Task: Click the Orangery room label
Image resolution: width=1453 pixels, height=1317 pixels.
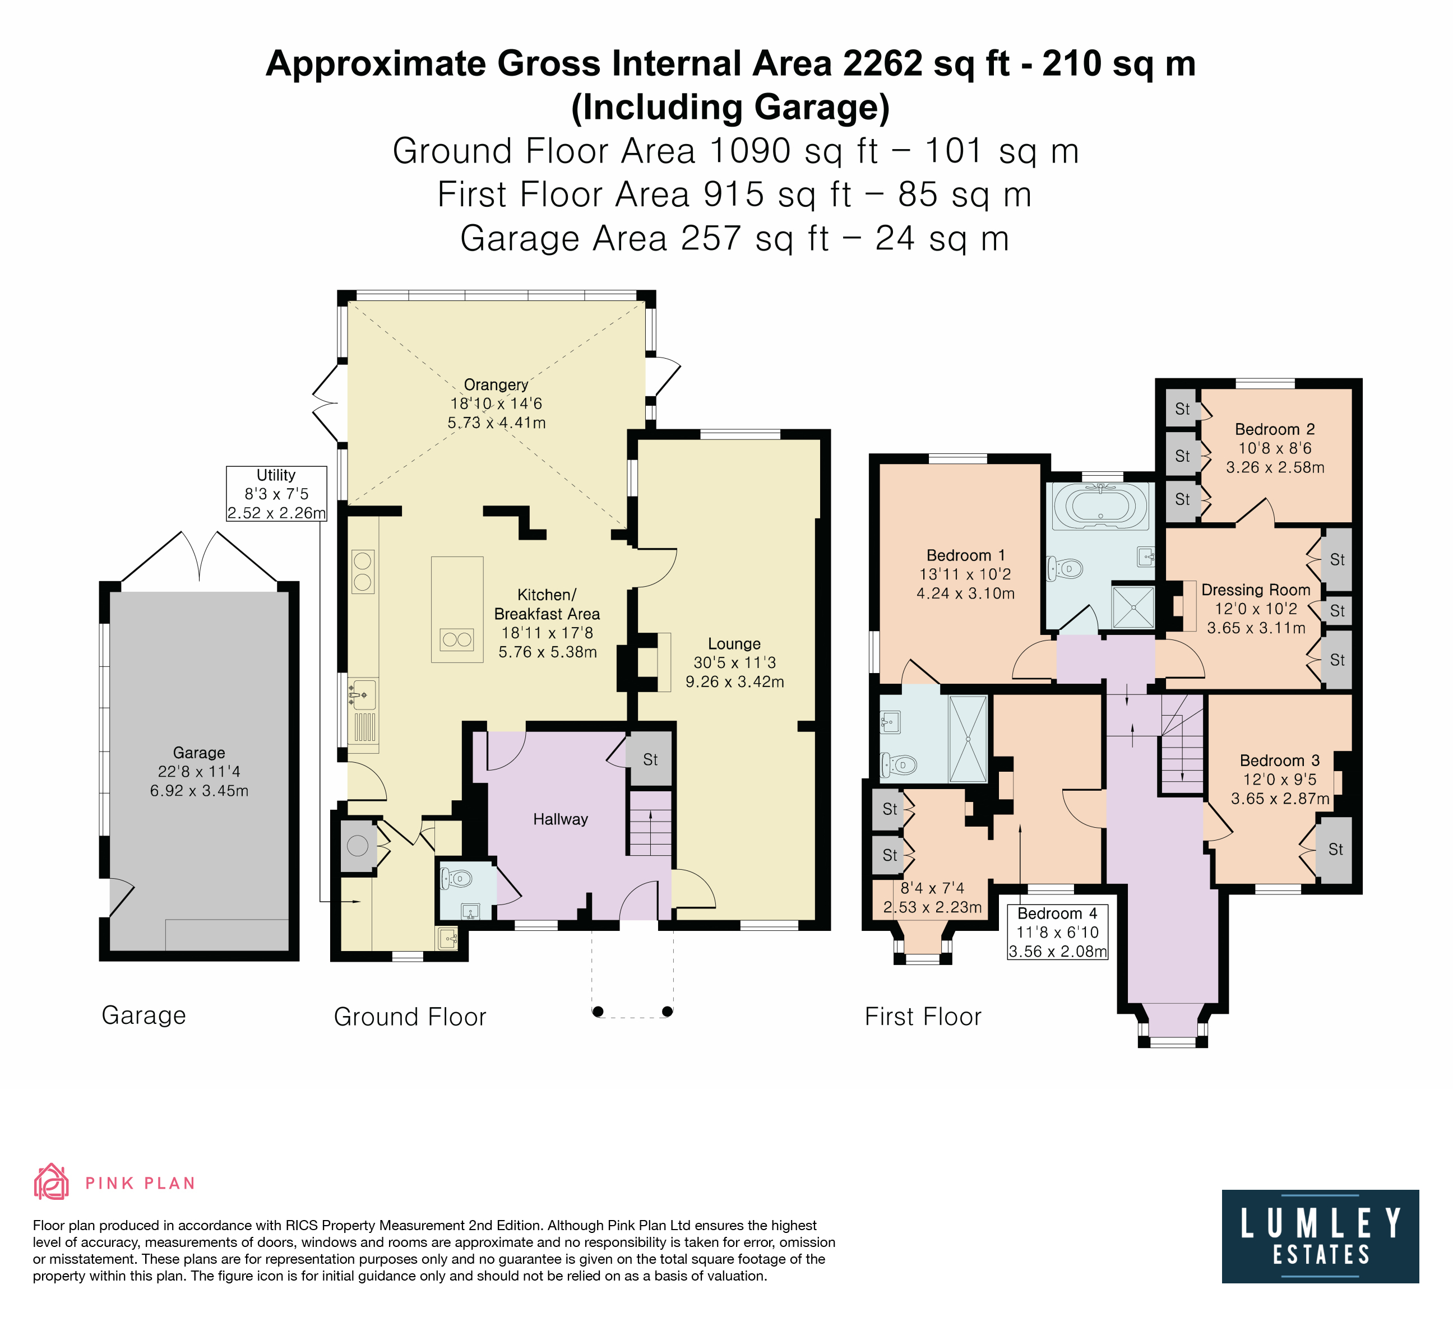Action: (x=496, y=384)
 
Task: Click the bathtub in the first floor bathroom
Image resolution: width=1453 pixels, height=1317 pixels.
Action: (x=1100, y=505)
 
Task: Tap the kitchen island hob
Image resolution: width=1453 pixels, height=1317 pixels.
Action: (x=457, y=639)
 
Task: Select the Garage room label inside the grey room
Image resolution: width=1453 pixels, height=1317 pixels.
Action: (x=199, y=753)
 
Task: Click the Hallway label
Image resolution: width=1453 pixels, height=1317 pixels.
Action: (x=560, y=819)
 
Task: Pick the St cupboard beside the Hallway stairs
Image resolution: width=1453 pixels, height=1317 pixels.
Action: (x=650, y=759)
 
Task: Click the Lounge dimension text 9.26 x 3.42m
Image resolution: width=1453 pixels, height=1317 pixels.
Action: (x=734, y=681)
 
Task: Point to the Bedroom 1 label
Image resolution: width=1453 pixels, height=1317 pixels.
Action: (x=965, y=555)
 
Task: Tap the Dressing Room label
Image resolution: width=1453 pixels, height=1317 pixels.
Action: (x=1256, y=590)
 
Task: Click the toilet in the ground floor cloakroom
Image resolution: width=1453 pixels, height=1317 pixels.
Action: (x=456, y=878)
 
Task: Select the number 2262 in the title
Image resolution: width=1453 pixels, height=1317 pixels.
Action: (x=883, y=63)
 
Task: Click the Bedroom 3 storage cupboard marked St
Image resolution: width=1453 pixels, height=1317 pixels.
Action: (x=1335, y=850)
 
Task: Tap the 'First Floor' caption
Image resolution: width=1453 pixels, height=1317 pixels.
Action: (x=923, y=1017)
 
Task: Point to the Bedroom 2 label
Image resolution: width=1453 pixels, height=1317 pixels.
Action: (x=1274, y=429)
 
